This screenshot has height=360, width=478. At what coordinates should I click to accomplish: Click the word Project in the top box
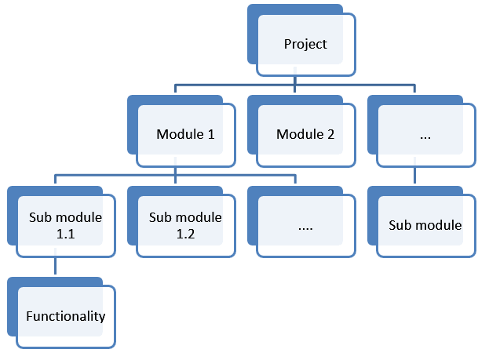pyautogui.click(x=305, y=44)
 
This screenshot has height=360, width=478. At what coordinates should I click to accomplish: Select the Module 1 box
pyautogui.click(x=185, y=134)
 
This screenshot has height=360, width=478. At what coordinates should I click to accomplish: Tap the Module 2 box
pyautogui.click(x=305, y=134)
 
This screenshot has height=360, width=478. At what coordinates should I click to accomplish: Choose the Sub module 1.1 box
pyautogui.click(x=65, y=225)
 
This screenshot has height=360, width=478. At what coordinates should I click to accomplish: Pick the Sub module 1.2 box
pyautogui.click(x=185, y=225)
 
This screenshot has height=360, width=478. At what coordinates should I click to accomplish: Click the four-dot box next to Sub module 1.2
pyautogui.click(x=305, y=226)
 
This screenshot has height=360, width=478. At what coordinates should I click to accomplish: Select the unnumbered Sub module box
pyautogui.click(x=425, y=225)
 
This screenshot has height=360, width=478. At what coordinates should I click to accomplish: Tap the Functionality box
pyautogui.click(x=65, y=317)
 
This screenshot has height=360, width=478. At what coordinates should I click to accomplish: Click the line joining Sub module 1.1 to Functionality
pyautogui.click(x=53, y=267)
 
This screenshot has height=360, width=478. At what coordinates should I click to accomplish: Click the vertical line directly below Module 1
pyautogui.click(x=173, y=170)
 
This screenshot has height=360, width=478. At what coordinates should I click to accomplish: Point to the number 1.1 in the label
pyautogui.click(x=65, y=233)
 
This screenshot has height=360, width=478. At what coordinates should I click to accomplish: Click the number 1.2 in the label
pyautogui.click(x=185, y=233)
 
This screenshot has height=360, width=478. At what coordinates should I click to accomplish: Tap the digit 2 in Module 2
pyautogui.click(x=330, y=134)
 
